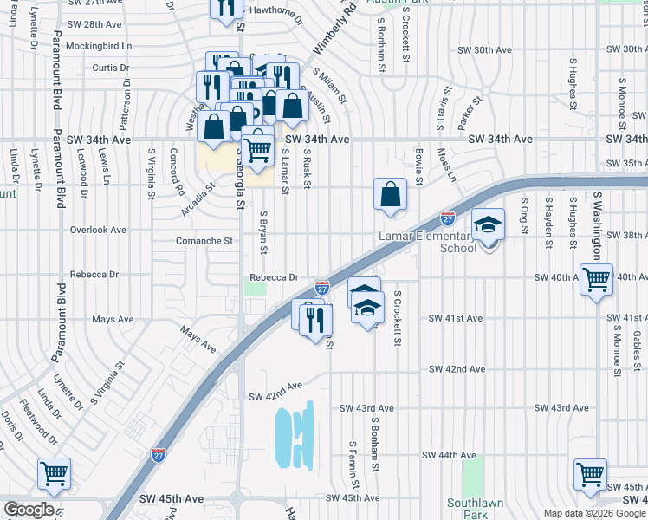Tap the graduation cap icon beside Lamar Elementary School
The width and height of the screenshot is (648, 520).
(x=489, y=224)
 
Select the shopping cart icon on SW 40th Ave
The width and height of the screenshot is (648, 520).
(x=596, y=280)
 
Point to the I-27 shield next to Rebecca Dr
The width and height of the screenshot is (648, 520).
(x=321, y=287)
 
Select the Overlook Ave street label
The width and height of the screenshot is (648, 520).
(x=98, y=231)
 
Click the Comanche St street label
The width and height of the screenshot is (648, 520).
(x=204, y=241)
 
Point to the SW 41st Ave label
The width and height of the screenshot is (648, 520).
(x=456, y=319)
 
